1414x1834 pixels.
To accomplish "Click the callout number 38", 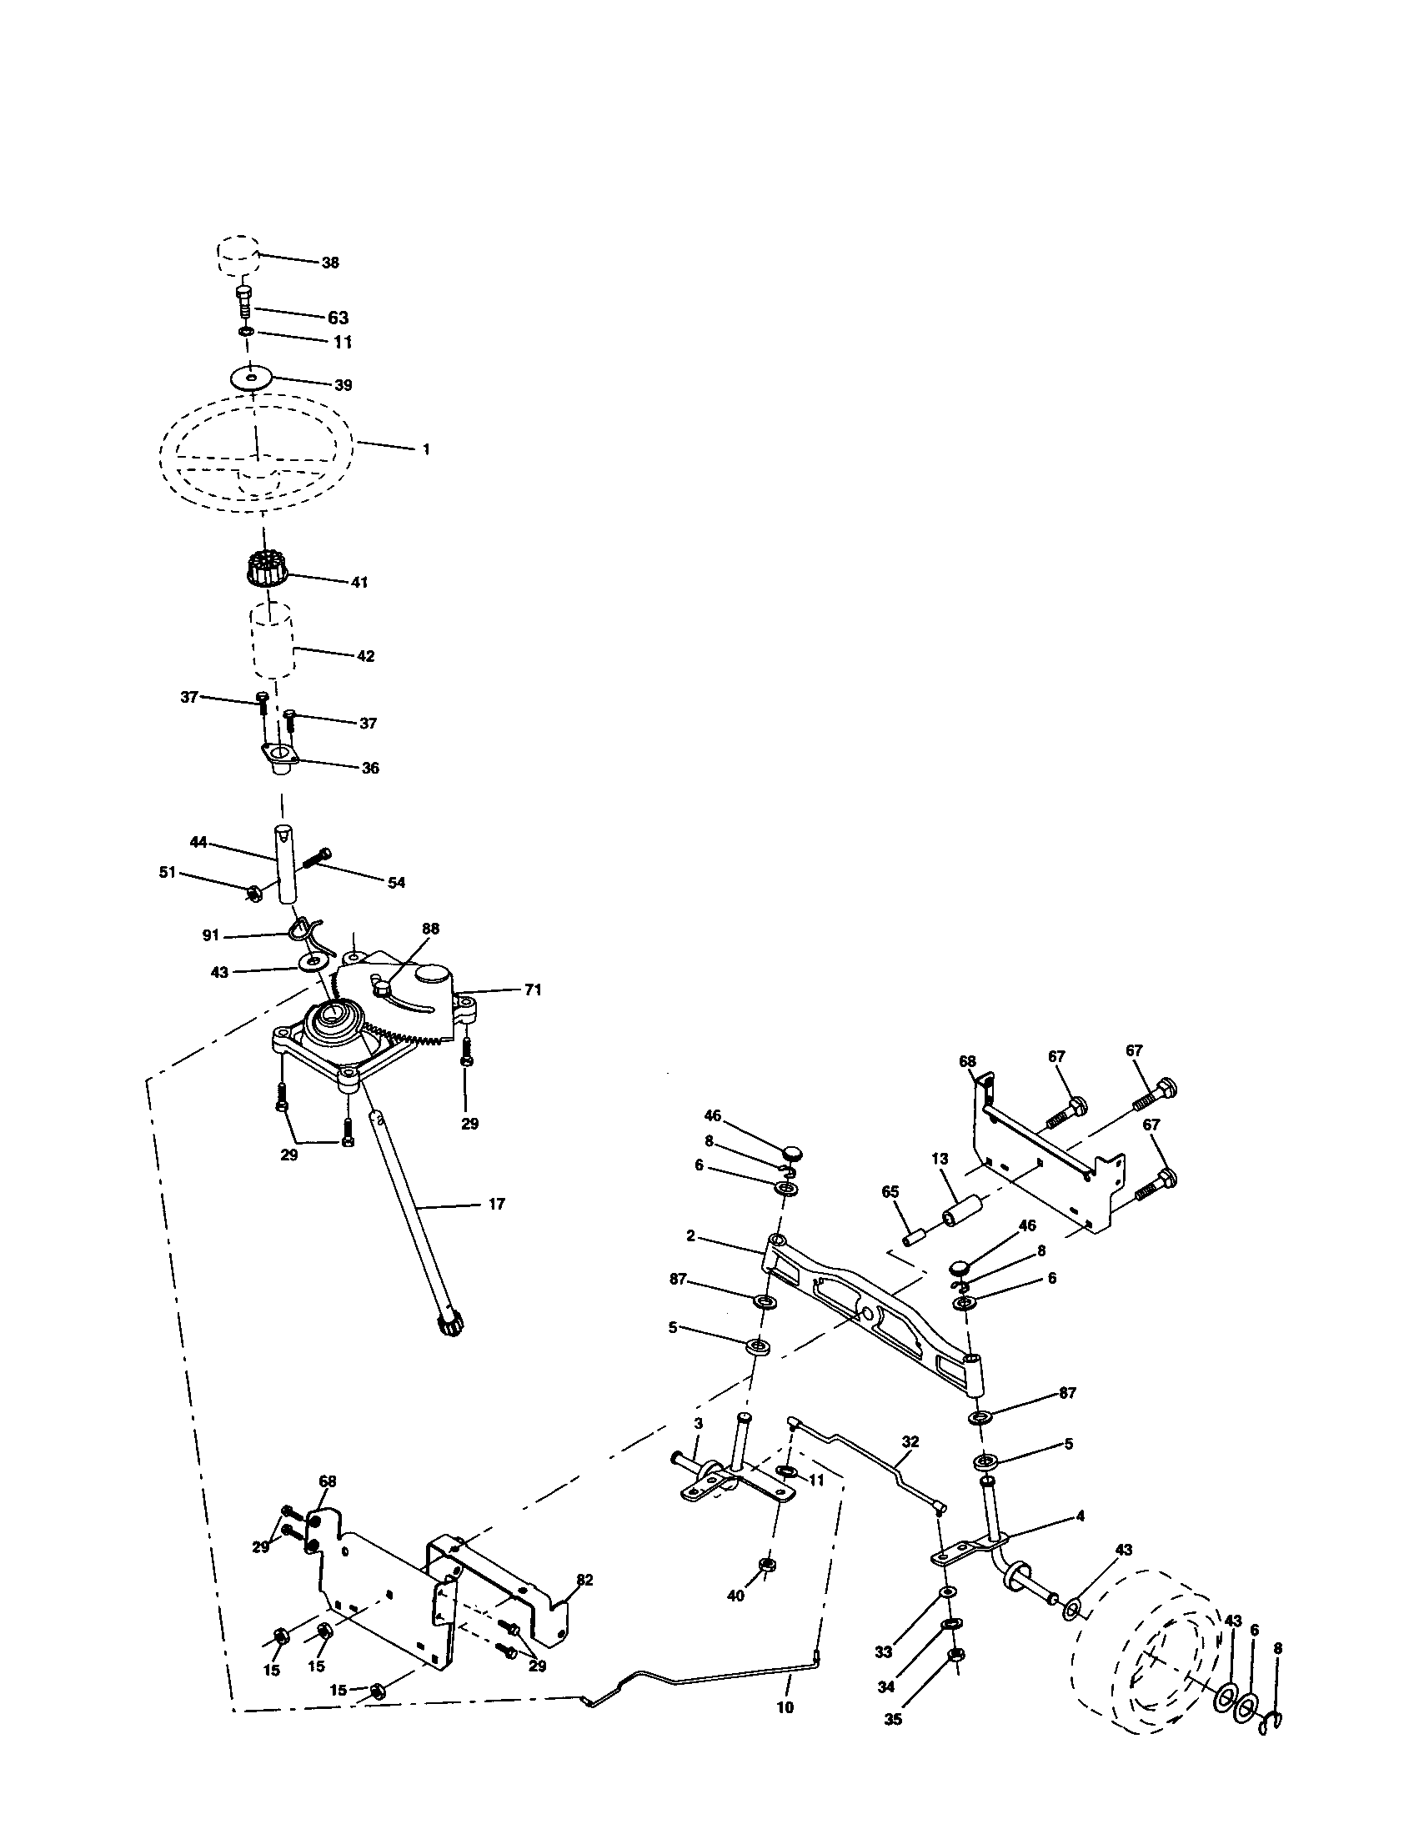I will coord(330,263).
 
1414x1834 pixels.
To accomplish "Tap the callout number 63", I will coord(338,318).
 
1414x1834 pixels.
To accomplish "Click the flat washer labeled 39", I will coord(251,377).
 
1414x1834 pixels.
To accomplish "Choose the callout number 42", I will coord(365,656).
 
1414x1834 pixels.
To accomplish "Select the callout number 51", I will coord(168,873).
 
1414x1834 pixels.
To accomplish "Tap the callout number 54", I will coord(395,883).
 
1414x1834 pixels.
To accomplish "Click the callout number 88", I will coord(431,929).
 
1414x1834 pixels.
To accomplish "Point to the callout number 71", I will coord(533,990).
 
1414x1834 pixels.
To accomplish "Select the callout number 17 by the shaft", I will coord(496,1205).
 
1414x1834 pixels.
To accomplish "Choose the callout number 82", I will coord(584,1580).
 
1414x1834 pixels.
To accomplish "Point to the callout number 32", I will coord(910,1442).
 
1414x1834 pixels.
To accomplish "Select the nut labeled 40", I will coord(765,1565).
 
